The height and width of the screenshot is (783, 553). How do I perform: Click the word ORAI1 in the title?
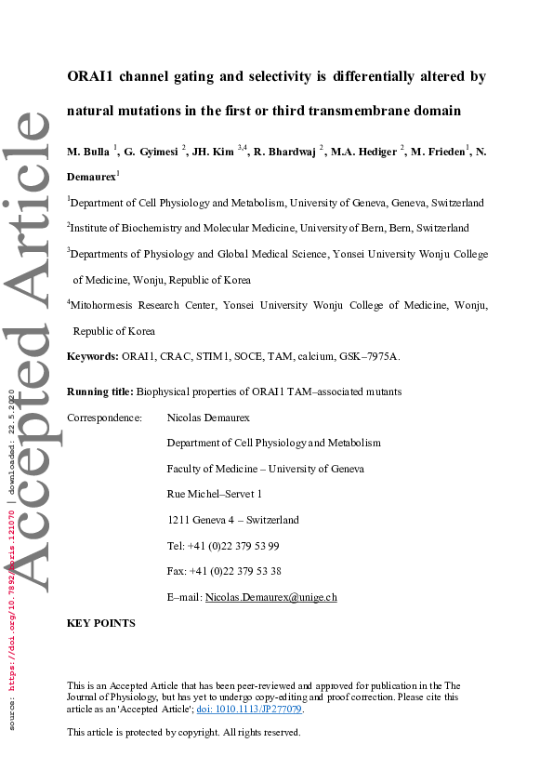(92, 76)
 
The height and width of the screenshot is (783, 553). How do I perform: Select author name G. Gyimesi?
(152, 152)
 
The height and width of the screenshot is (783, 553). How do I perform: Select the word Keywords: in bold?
(92, 356)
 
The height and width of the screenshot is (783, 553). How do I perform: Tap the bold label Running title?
(100, 391)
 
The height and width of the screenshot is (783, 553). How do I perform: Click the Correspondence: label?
(104, 418)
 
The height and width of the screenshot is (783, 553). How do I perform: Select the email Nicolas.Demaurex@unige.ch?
(270, 597)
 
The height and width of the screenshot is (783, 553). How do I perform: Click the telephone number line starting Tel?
(223, 546)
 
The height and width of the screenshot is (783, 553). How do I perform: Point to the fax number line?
(224, 571)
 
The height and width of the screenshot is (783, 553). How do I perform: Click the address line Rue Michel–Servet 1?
(215, 494)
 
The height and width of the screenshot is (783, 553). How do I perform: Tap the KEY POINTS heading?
(101, 623)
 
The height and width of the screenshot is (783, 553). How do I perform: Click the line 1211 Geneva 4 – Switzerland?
(232, 520)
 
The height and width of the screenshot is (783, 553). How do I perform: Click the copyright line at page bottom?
(184, 733)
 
